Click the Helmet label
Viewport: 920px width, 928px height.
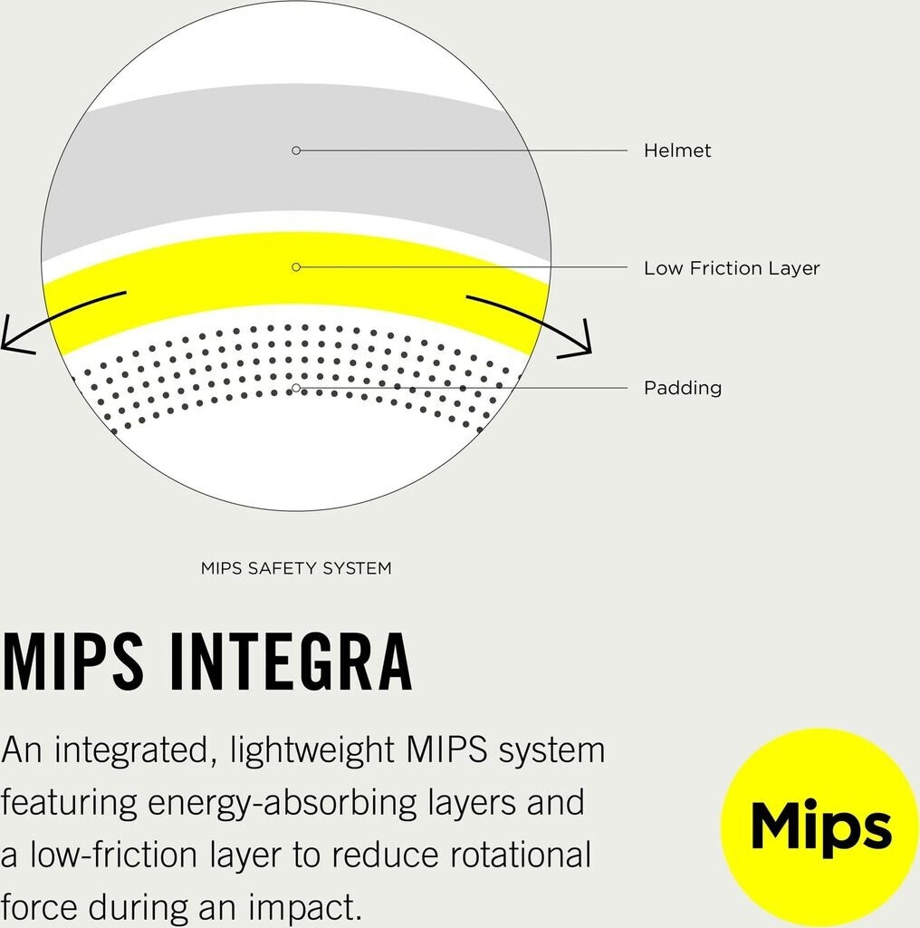click(x=677, y=150)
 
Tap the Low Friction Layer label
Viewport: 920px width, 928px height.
click(x=731, y=268)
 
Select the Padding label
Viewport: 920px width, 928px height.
click(x=682, y=388)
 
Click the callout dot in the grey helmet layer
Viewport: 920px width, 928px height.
click(x=296, y=150)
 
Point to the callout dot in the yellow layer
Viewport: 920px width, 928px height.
click(x=296, y=267)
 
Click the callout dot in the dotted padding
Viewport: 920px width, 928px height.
click(x=296, y=388)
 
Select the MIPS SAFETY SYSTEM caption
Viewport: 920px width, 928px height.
click(x=296, y=568)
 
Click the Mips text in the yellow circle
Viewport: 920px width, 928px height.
click(x=820, y=827)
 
